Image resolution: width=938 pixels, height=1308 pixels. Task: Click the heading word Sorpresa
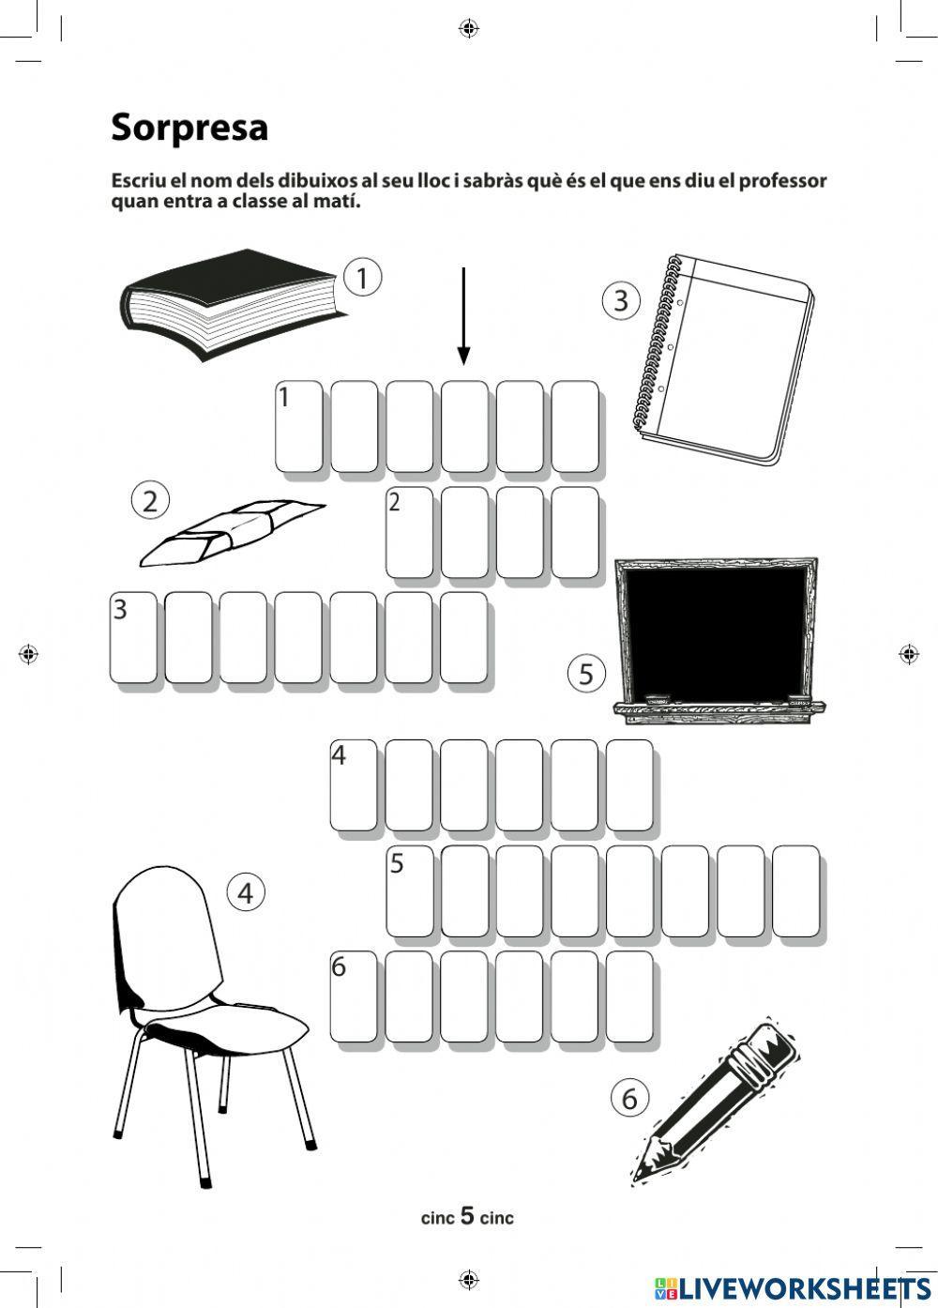click(x=189, y=128)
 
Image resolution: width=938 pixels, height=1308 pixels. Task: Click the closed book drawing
click(x=234, y=304)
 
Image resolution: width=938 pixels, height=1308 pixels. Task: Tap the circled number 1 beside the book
click(x=362, y=278)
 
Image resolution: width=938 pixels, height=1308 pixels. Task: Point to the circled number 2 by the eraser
click(x=150, y=501)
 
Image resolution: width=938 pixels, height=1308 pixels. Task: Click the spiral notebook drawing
click(x=724, y=359)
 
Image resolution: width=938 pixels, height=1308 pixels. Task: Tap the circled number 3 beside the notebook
click(x=621, y=300)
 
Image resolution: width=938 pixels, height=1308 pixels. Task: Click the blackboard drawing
click(x=719, y=641)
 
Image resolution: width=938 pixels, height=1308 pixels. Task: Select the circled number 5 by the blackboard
click(x=586, y=674)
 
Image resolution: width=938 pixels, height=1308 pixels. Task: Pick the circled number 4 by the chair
click(x=246, y=893)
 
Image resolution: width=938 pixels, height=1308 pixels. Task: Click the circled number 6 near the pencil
click(x=629, y=1099)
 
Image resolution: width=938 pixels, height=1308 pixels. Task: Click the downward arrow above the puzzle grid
click(x=463, y=316)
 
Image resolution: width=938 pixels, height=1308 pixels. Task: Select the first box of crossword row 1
click(x=299, y=426)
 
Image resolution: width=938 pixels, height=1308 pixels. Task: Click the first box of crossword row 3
click(x=134, y=638)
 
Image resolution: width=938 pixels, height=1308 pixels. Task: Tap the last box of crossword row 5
click(x=796, y=891)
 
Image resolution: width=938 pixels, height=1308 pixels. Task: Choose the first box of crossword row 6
click(x=354, y=996)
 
